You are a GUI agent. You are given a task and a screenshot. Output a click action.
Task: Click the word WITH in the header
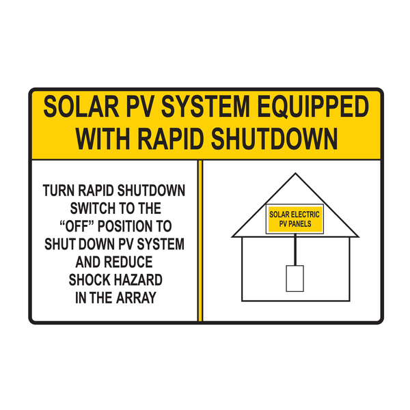point(100,139)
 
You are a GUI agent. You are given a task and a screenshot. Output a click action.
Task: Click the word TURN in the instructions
point(59,189)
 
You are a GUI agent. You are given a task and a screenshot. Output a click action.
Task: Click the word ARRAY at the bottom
point(135,297)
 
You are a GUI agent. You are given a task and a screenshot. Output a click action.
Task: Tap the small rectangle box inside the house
point(294,279)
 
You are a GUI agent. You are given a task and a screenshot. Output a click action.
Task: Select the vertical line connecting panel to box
point(295,249)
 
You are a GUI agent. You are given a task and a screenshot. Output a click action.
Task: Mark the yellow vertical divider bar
point(200,240)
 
